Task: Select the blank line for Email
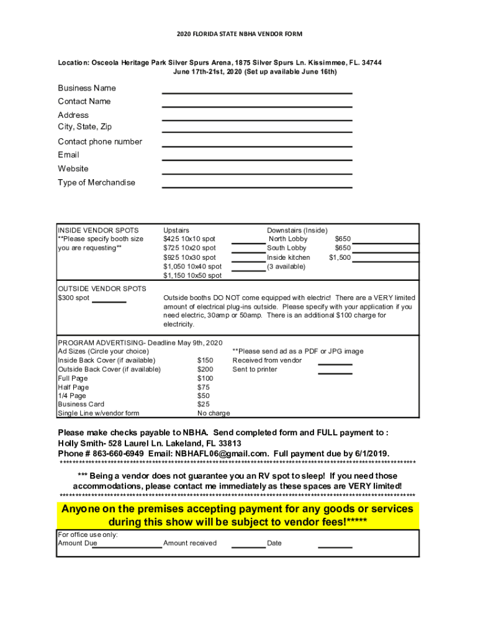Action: coord(257,159)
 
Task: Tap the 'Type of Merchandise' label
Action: coord(96,182)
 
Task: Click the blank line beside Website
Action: coord(257,173)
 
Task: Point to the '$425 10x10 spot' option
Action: coord(189,239)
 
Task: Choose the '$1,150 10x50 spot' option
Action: coord(192,275)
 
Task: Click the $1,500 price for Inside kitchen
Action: coord(340,257)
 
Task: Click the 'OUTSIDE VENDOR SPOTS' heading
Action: coord(102,288)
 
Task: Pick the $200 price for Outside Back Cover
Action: coord(205,369)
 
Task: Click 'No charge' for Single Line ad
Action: coord(213,413)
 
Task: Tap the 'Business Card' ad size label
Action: coord(81,404)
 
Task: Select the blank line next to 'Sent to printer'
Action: coord(335,373)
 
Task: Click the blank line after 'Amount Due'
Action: coord(127,547)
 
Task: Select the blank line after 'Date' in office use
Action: coord(335,547)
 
